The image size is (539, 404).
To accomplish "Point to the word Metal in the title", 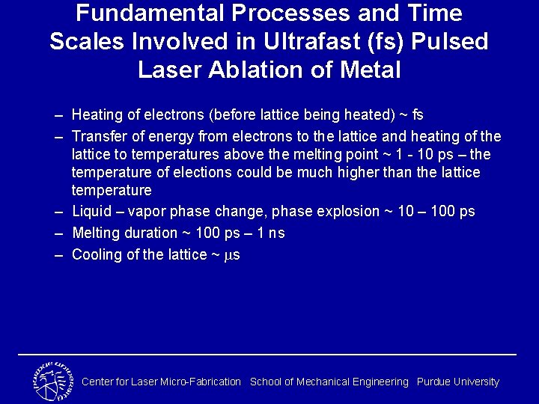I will [x=371, y=70].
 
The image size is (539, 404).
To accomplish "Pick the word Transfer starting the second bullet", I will [x=97, y=136].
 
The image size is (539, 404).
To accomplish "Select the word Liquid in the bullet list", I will [x=89, y=212].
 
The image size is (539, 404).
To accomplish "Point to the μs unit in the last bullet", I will [x=233, y=255].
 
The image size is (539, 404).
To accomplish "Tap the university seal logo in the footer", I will [x=52, y=381].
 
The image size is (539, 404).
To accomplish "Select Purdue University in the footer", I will [x=457, y=382].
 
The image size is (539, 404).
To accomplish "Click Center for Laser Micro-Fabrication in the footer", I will [x=161, y=382].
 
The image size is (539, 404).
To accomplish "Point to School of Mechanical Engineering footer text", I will [x=329, y=382].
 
